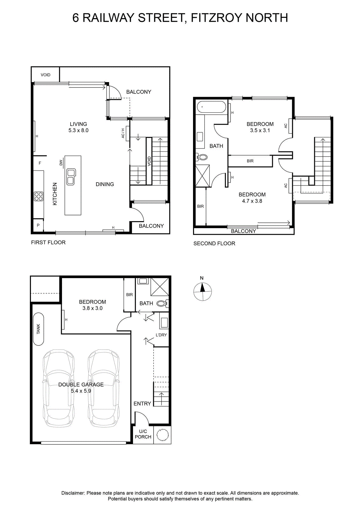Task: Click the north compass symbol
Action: pos(202,291)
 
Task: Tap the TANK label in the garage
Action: pos(38,329)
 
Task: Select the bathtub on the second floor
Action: pos(211,107)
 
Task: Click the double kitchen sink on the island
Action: pos(71,177)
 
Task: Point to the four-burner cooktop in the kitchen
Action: pos(38,197)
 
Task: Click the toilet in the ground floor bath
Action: pos(163,303)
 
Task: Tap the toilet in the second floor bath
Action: pos(201,157)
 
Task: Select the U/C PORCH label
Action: pos(143,434)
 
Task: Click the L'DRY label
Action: pos(161,335)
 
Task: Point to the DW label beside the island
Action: pos(61,163)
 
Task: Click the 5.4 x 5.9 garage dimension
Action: pos(81,391)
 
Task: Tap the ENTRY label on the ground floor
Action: pos(142,404)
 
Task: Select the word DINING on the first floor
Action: pos(105,184)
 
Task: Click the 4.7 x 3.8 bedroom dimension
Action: pos(252,201)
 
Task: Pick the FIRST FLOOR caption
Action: pos(48,242)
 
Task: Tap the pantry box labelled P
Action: pos(38,225)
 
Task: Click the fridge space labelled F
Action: pos(40,163)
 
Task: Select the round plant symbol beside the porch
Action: pos(163,435)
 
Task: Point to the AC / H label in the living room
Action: pos(123,133)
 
